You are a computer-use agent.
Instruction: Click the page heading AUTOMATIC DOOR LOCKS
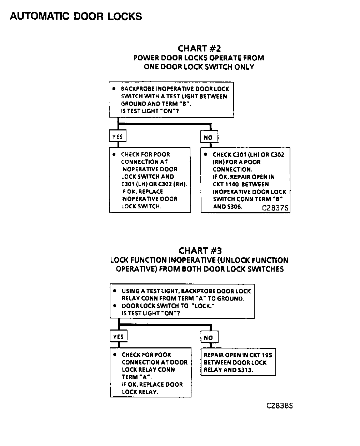pos(76,16)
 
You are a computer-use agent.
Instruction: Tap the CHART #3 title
pos(200,251)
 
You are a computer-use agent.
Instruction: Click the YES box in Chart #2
pos(117,137)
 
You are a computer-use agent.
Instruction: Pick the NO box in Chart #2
pos(208,137)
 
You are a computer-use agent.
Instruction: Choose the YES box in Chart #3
pos(118,337)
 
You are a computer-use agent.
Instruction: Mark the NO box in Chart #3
pos(209,337)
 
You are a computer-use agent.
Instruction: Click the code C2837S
pos(275,208)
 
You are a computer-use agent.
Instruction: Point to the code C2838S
pos(280,406)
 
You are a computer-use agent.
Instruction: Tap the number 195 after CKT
pos(266,355)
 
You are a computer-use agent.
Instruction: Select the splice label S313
pos(245,370)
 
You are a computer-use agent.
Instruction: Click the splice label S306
pos(234,206)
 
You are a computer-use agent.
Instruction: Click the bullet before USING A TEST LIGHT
pos(114,291)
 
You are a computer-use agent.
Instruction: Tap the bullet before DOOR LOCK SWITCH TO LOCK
pos(114,306)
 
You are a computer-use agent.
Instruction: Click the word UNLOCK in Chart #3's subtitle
pos(234,260)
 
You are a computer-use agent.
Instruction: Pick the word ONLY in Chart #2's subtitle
pos(244,67)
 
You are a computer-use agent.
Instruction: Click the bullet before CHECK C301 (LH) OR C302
pos(206,154)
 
